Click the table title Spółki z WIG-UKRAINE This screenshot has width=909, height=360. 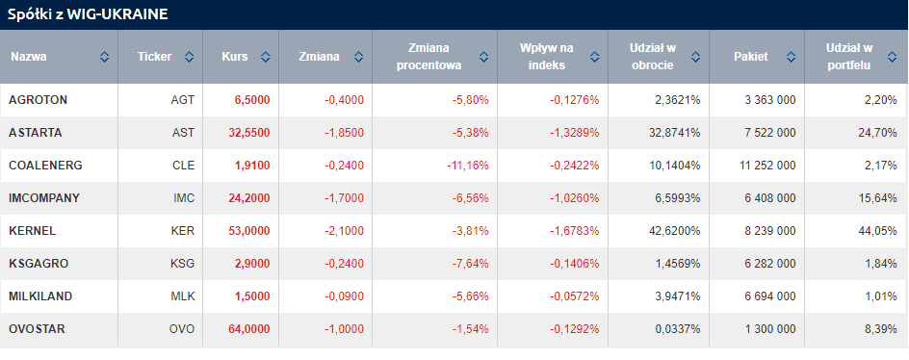click(88, 15)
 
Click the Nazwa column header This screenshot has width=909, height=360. click(29, 57)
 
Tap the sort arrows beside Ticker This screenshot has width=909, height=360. click(189, 57)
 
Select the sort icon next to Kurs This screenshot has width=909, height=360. click(266, 57)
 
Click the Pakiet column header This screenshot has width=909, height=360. click(751, 57)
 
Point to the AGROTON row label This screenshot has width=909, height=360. click(39, 100)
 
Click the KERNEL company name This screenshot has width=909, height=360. click(33, 231)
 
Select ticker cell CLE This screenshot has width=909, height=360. click(183, 166)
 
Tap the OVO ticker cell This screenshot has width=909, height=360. click(183, 329)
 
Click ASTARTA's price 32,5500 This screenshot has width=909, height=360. click(249, 133)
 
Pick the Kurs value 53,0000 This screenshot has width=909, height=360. click(249, 231)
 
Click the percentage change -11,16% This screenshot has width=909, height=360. click(468, 166)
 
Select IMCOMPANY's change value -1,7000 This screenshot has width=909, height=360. click(345, 198)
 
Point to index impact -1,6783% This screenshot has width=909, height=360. click(575, 231)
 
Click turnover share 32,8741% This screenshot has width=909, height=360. click(676, 133)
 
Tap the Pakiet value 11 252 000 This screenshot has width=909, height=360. click(768, 166)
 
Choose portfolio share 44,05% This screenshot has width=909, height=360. click(877, 231)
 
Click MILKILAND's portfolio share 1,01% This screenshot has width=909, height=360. click(880, 296)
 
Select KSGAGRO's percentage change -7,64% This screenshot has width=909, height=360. click(471, 264)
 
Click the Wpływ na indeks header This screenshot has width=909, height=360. click(546, 57)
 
